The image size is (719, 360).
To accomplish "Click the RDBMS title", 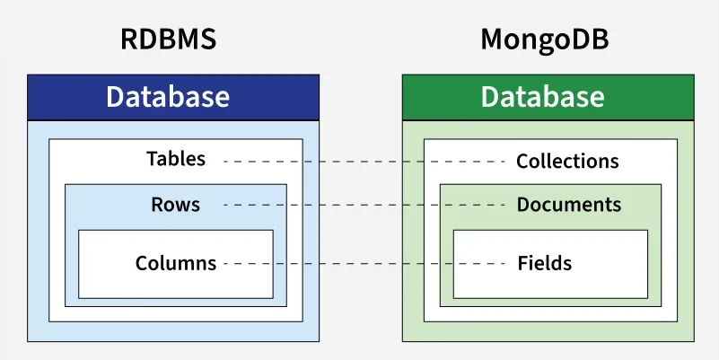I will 168,40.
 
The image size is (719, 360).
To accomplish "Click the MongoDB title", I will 545,40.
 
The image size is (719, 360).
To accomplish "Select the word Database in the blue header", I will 168,97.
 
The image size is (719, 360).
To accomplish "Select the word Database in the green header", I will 542,97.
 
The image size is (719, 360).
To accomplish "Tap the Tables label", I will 176,160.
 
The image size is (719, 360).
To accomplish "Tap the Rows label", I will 176,205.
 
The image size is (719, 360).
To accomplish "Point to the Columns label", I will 176,264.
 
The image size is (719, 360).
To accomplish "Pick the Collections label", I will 567,162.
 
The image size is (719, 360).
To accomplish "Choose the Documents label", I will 568,205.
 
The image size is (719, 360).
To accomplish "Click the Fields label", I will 544,264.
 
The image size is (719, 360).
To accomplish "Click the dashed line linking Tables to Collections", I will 364,162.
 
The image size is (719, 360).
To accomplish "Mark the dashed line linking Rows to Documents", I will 364,206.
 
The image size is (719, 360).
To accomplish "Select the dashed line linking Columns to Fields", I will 364,264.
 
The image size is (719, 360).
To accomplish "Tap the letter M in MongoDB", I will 493,40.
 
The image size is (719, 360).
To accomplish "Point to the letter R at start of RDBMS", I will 128,40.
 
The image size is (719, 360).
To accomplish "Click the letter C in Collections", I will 522,162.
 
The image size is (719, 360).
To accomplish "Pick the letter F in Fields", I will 522,264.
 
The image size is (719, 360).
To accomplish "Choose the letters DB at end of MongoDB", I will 593,40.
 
